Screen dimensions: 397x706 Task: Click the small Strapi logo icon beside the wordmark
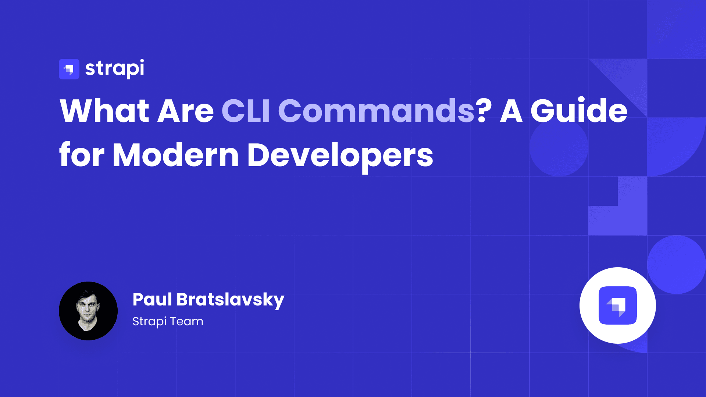pos(69,69)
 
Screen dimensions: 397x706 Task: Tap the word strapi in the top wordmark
pos(114,69)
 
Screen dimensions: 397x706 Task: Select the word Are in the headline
pos(185,111)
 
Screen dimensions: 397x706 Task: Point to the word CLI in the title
pos(246,111)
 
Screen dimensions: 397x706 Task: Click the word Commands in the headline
pos(376,111)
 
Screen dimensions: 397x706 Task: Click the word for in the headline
pos(82,155)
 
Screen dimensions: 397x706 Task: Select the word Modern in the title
pos(176,155)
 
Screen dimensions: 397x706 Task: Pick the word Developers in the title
pos(340,155)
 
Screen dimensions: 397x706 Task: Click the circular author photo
pos(88,311)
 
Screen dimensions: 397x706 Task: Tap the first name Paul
pos(152,299)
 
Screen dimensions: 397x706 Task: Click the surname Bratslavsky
pos(230,300)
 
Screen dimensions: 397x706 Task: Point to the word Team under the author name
pos(186,321)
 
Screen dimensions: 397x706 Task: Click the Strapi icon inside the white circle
pos(618,305)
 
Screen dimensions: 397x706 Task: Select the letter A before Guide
pos(511,111)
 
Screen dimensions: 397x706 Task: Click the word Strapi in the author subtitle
pos(149,322)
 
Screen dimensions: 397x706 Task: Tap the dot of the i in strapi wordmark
pos(141,61)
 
